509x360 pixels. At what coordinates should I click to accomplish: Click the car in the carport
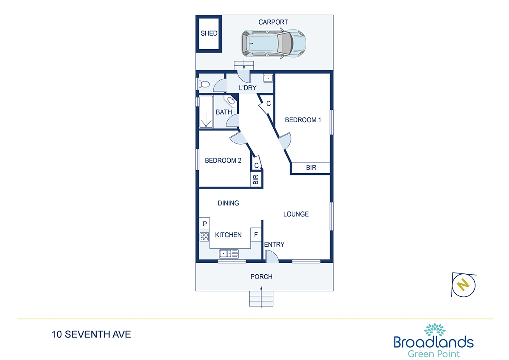[x=274, y=43]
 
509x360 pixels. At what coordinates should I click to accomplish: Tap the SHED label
[x=209, y=33]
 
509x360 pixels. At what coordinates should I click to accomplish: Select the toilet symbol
[x=204, y=84]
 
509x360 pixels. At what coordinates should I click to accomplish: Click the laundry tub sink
[x=268, y=78]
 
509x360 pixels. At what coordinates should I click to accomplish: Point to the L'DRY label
[x=247, y=88]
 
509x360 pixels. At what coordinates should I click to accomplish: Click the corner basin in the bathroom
[x=231, y=101]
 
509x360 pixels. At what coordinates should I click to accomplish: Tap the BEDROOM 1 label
[x=303, y=120]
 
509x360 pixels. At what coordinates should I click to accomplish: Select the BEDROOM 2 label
[x=223, y=160]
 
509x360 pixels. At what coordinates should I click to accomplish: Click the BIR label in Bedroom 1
[x=311, y=168]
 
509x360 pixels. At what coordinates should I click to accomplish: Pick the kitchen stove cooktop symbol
[x=204, y=236]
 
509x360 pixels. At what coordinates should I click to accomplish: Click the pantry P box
[x=204, y=224]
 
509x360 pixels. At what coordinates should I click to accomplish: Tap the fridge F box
[x=256, y=234]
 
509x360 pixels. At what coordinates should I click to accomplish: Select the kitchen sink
[x=229, y=253]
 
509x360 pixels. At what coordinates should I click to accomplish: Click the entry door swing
[x=272, y=256]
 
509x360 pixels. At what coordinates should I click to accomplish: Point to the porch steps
[x=261, y=298]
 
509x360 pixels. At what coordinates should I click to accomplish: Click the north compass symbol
[x=464, y=285]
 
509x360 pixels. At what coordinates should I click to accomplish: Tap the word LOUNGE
[x=296, y=214]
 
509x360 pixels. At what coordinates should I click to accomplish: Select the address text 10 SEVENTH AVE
[x=91, y=334]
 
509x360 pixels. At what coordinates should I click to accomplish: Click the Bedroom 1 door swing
[x=285, y=141]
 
